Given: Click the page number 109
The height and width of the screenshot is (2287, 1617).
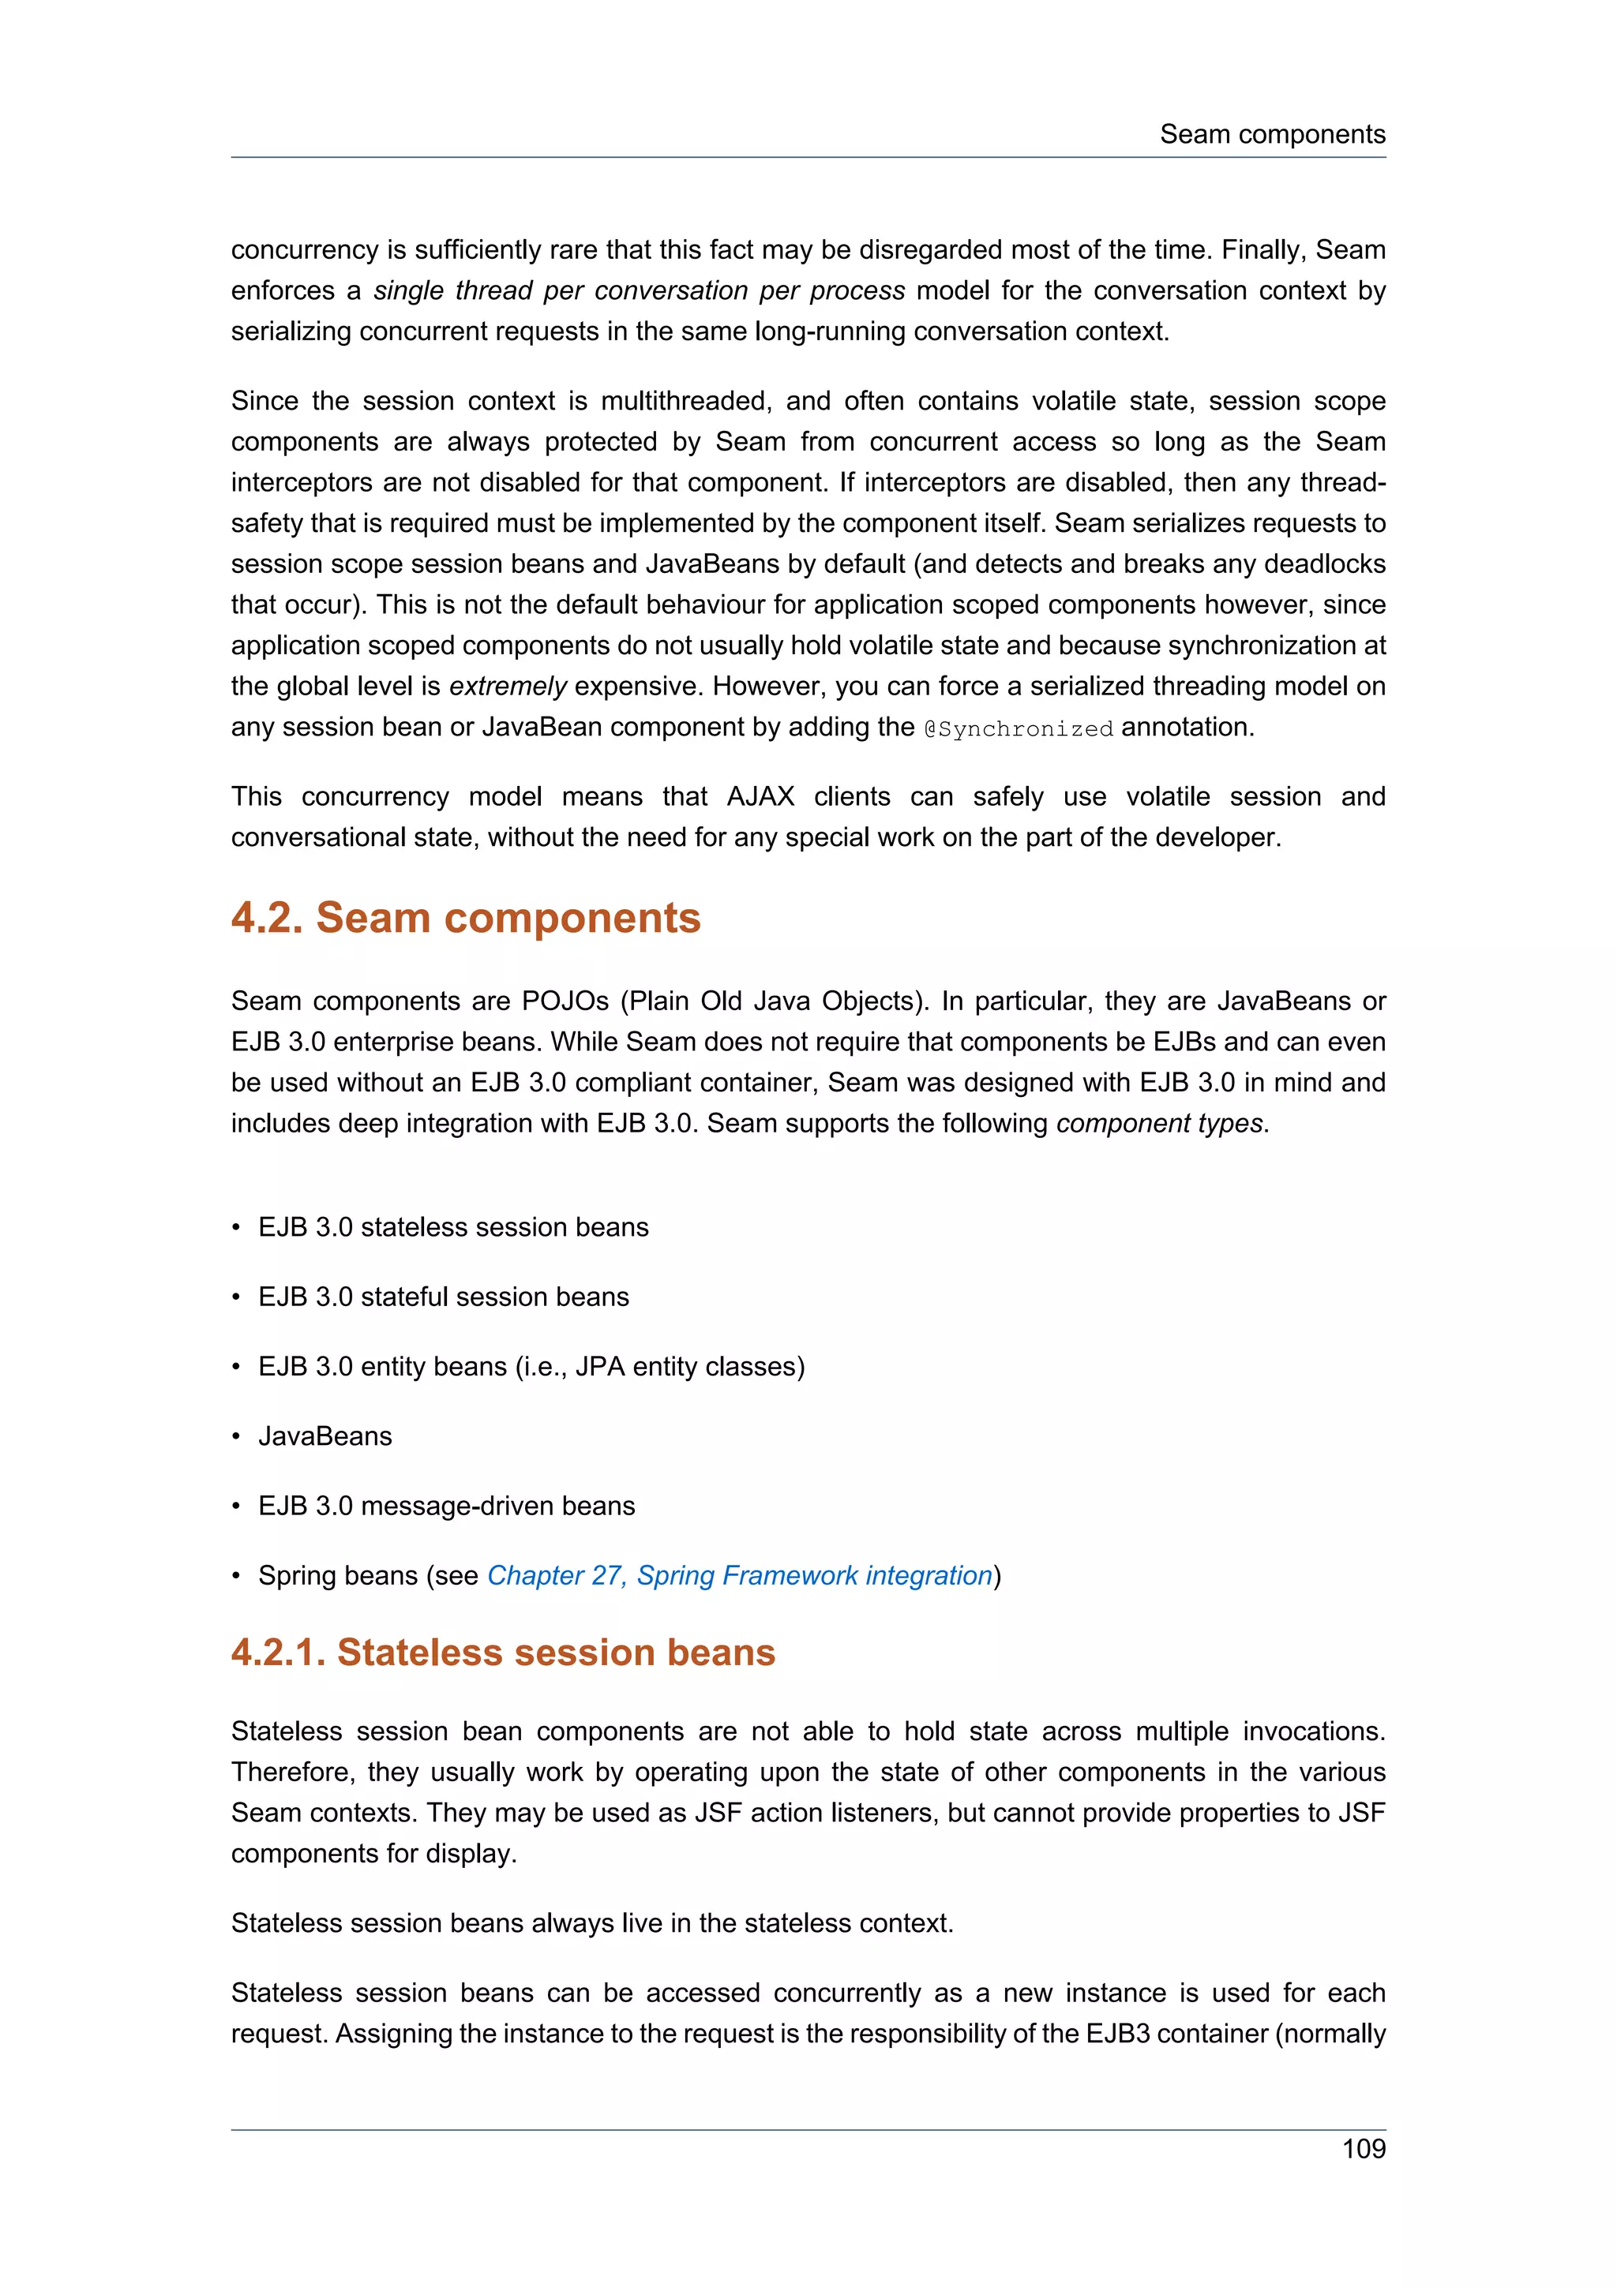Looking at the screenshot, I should coord(1363,2149).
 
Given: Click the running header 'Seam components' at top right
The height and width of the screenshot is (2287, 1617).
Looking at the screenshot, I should coord(1271,134).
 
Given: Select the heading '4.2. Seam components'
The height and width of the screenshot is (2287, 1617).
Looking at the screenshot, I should coord(465,917).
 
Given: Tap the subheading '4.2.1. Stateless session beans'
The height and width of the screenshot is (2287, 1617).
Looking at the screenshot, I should coord(502,1653).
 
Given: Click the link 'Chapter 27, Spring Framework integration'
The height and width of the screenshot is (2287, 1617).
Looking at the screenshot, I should coord(739,1575).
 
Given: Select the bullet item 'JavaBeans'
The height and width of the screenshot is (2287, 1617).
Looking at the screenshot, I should coord(325,1435).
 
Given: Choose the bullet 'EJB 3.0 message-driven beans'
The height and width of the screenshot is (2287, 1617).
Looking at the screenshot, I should coord(445,1505).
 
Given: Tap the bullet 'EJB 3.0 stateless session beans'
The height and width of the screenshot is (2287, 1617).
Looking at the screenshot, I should coord(452,1226).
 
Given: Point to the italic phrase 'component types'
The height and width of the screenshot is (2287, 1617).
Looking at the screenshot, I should coord(1160,1124).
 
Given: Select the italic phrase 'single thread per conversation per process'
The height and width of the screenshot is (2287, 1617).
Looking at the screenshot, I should coord(639,291).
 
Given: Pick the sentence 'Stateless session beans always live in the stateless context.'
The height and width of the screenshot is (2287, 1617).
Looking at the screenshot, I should coord(592,1922).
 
